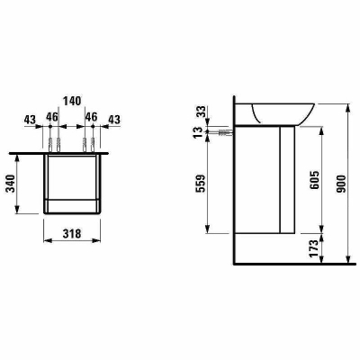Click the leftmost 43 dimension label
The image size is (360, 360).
31,119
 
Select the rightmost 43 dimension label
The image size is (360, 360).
115,119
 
